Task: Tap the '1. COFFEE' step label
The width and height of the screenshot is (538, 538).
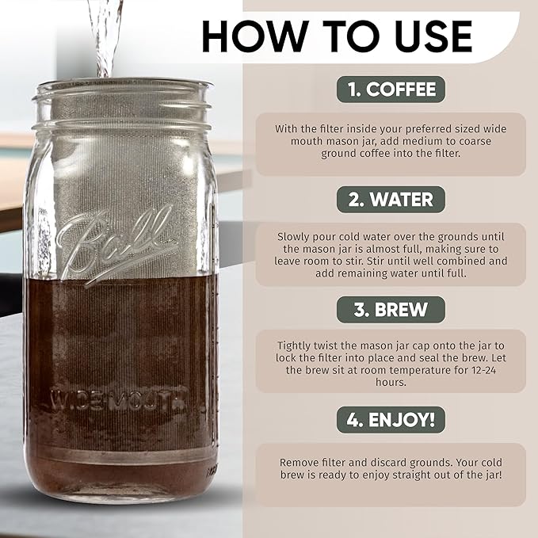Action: click(x=390, y=90)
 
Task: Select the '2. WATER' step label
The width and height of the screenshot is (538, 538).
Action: click(x=391, y=200)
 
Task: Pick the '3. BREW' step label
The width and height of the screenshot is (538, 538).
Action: click(x=391, y=310)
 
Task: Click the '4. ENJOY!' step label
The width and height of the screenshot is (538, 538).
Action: click(x=390, y=420)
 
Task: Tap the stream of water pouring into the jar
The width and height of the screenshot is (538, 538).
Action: click(x=106, y=36)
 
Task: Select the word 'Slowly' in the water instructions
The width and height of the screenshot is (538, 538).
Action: click(x=295, y=236)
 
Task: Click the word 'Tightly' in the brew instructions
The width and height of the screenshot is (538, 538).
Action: click(x=297, y=346)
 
